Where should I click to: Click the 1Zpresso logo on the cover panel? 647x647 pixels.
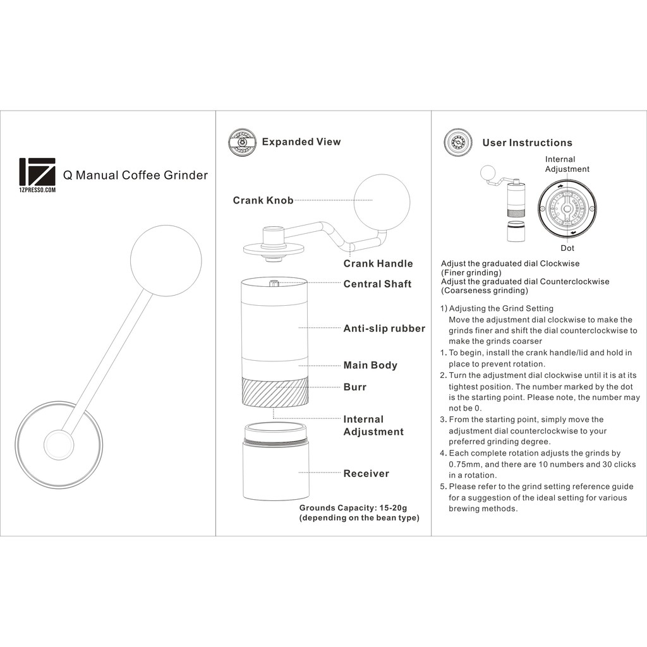(x=37, y=175)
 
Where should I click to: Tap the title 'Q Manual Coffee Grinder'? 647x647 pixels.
(x=135, y=176)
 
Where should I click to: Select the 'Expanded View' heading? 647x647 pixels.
(x=301, y=142)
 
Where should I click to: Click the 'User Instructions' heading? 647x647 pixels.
(x=528, y=143)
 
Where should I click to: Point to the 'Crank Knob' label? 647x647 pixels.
(x=263, y=200)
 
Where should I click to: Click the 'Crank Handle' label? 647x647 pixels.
(x=378, y=263)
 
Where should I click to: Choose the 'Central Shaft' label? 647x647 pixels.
(x=378, y=284)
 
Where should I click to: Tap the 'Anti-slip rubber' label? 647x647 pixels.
(x=384, y=329)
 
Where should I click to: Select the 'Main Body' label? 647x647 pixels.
(x=370, y=365)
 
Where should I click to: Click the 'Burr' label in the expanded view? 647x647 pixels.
(x=355, y=387)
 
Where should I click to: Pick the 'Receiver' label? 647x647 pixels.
(x=366, y=474)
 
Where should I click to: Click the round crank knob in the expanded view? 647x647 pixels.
(x=382, y=202)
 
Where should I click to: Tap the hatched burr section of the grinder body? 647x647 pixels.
(x=275, y=390)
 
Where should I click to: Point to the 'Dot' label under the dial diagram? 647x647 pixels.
(x=567, y=248)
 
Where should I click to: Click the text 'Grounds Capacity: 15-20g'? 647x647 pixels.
(x=353, y=508)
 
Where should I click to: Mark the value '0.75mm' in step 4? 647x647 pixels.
(x=465, y=464)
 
